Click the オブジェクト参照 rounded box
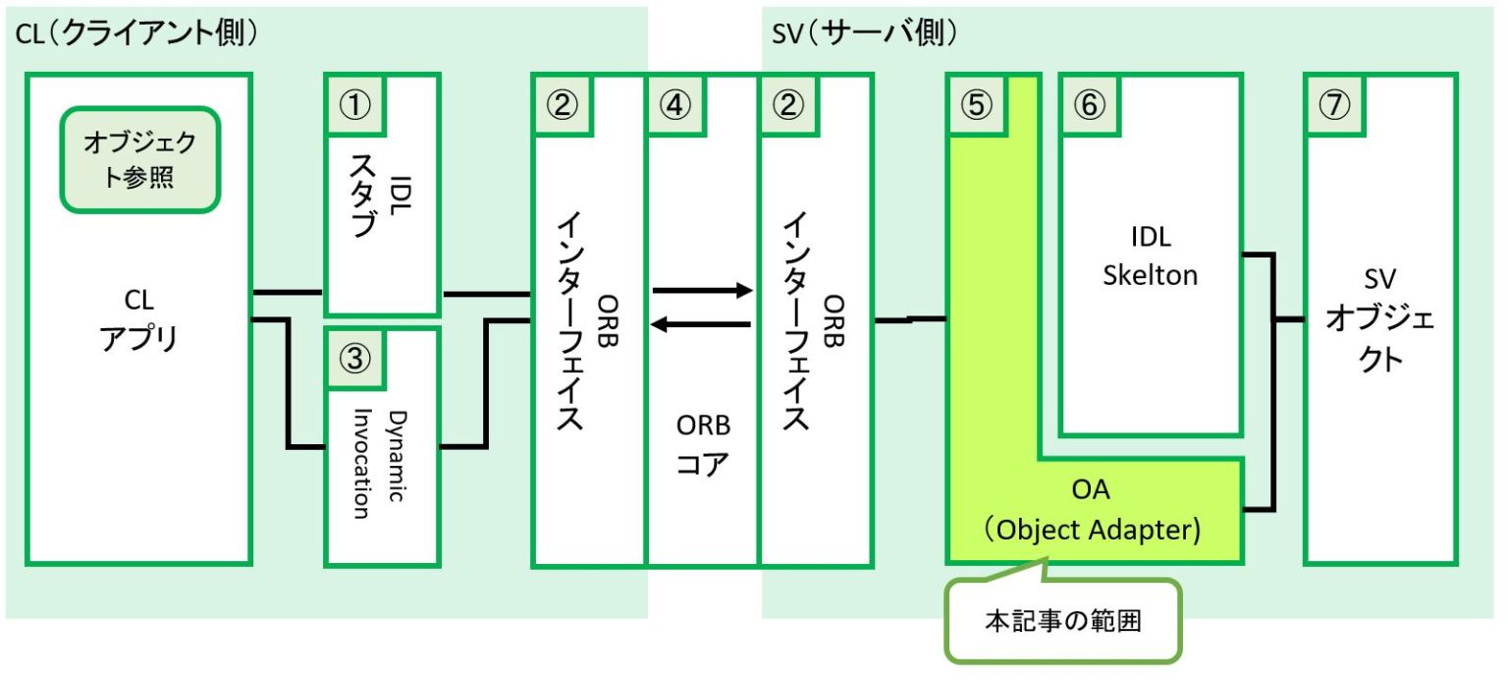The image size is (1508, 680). (x=139, y=159)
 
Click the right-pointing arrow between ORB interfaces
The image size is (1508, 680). (x=702, y=291)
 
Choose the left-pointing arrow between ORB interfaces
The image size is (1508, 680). (x=702, y=324)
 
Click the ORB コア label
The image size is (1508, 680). (x=703, y=444)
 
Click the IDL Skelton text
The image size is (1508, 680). (x=1150, y=256)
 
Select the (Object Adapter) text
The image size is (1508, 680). (x=1092, y=530)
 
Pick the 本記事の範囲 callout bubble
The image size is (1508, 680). (x=1062, y=622)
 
